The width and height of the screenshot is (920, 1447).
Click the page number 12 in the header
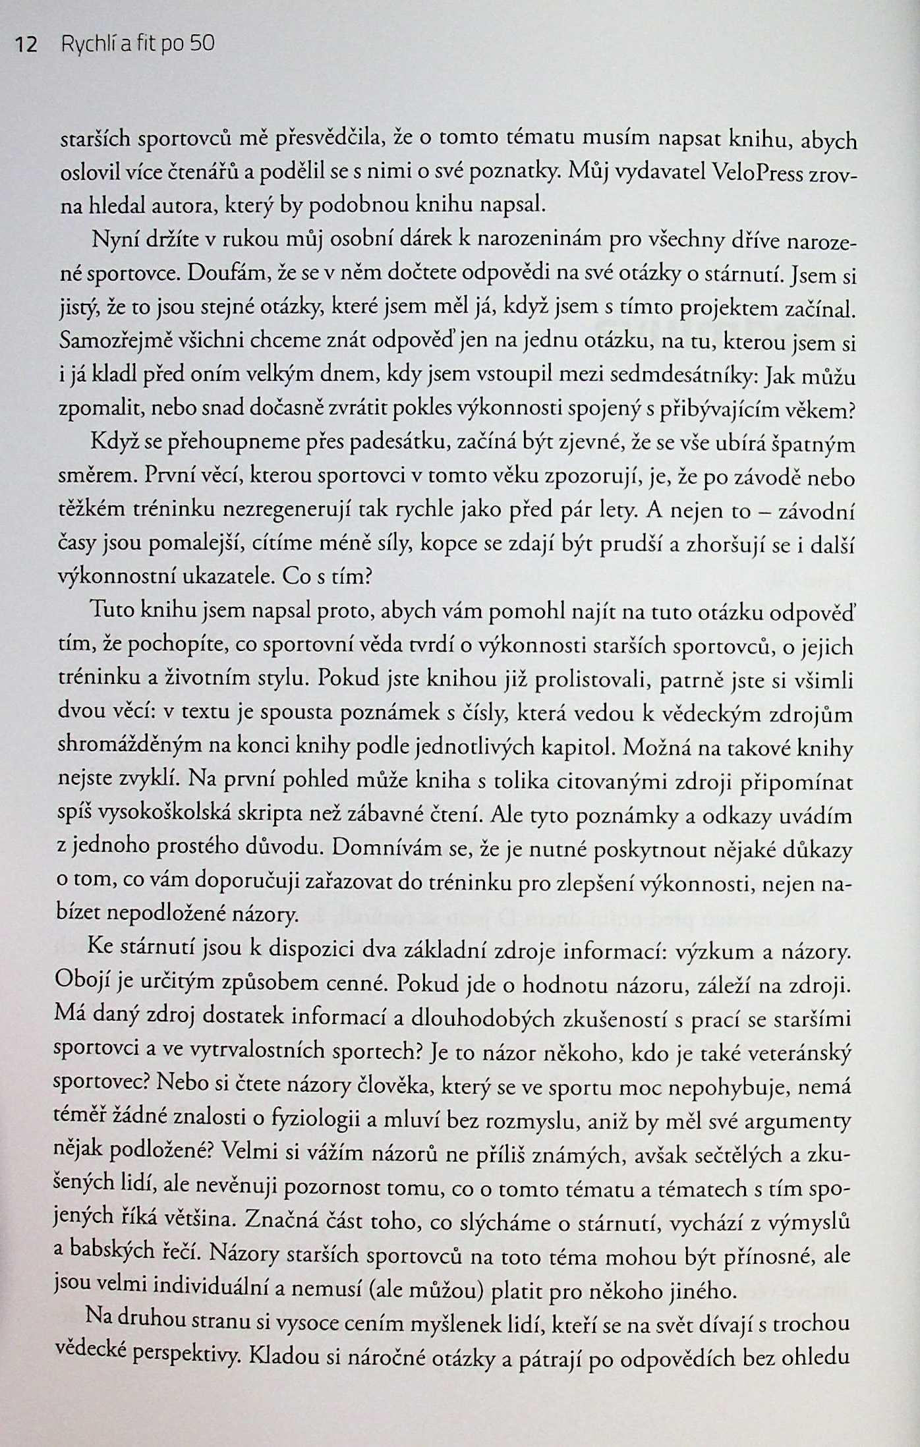point(27,45)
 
